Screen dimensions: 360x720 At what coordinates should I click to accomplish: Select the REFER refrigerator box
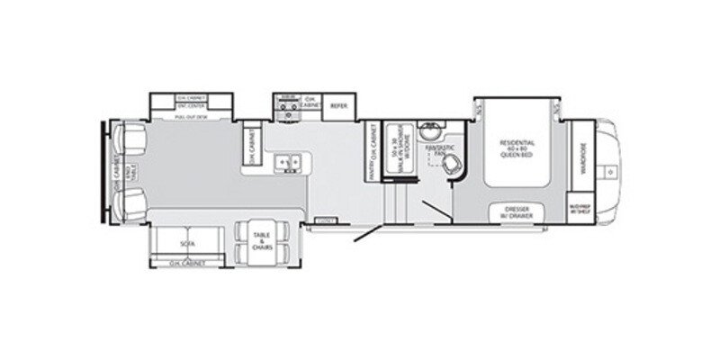point(338,105)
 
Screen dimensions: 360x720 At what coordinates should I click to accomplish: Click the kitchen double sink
point(290,161)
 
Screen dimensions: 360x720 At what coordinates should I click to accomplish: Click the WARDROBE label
point(581,152)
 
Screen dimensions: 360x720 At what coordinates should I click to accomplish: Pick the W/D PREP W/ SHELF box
point(578,207)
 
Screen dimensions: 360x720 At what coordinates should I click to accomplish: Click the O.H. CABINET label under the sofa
point(187,263)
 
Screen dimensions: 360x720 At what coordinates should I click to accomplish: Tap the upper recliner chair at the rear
point(132,139)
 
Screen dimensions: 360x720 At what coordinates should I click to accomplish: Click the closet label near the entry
point(326,220)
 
